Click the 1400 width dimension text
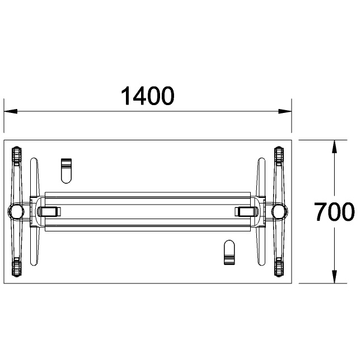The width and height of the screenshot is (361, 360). (148, 97)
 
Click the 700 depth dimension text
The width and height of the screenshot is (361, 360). (334, 212)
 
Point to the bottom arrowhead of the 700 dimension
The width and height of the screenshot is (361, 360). (334, 277)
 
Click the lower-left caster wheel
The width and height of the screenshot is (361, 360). (17, 267)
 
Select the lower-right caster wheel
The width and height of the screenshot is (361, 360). (278, 267)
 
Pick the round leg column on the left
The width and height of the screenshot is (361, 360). (16, 211)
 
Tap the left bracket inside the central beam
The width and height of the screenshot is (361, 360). (49, 211)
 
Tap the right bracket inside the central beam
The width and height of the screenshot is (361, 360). (245, 211)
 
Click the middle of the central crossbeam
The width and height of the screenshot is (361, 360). (147, 211)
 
